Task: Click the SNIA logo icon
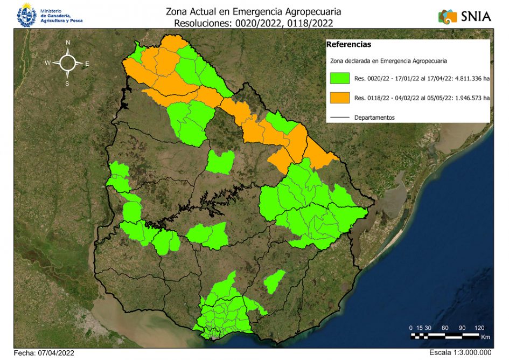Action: pyautogui.click(x=448, y=16)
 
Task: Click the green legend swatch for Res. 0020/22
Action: pyautogui.click(x=340, y=79)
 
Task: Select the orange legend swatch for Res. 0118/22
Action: pyautogui.click(x=340, y=98)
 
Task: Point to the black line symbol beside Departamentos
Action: pyautogui.click(x=340, y=117)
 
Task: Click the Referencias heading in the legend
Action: pyautogui.click(x=348, y=45)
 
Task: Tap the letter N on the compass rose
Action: pyautogui.click(x=68, y=43)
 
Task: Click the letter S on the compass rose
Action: pyautogui.click(x=67, y=84)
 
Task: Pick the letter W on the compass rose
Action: pyautogui.click(x=47, y=63)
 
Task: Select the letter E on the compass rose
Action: pyautogui.click(x=87, y=64)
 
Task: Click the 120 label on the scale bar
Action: pyautogui.click(x=479, y=328)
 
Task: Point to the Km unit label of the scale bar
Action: pyautogui.click(x=485, y=337)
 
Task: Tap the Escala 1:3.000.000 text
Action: pyautogui.click(x=461, y=352)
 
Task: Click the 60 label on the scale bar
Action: pyautogui.click(x=445, y=328)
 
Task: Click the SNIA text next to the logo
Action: pyautogui.click(x=476, y=16)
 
